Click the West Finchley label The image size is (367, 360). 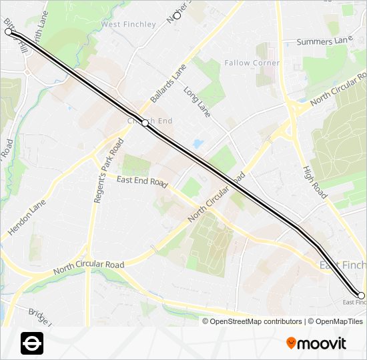pos(128,25)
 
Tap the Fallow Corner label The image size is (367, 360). pos(252,63)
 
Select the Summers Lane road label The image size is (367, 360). pos(324,42)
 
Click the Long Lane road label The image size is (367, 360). pos(197,102)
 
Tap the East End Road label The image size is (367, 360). pos(141,181)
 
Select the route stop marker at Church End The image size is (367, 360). pos(145,123)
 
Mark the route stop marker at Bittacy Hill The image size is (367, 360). pos(9,31)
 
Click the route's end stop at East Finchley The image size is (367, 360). pos(361,295)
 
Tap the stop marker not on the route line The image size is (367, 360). pos(177,15)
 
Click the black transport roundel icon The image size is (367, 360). pos(32,343)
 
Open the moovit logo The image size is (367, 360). pos(316,343)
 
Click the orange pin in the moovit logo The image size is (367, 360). pos(291,343)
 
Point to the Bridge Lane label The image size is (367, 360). pos(40,313)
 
